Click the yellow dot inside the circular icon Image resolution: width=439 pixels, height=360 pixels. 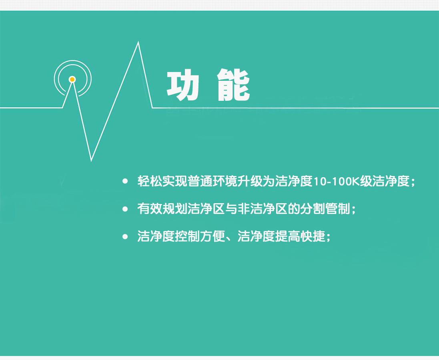pos(72,80)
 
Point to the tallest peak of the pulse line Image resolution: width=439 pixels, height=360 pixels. pos(138,42)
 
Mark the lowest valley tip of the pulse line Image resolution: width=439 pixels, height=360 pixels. pos(91,160)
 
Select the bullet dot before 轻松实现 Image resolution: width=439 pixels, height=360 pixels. pos(125,181)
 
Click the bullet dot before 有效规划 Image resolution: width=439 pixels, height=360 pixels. pos(125,209)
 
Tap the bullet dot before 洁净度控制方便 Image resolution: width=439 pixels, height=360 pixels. pos(125,236)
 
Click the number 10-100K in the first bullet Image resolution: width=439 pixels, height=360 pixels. pos(336,181)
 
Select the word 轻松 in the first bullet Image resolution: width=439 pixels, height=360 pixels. pos(150,181)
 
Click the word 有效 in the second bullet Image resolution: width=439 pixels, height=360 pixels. pos(150,209)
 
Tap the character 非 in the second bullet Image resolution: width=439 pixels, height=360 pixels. pos(244,209)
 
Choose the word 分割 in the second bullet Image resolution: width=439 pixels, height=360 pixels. pos(313,209)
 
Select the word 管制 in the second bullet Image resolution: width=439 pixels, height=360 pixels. pos(337,209)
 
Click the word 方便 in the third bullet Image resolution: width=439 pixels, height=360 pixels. pos(212,236)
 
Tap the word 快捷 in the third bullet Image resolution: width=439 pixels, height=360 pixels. pos(313,236)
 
